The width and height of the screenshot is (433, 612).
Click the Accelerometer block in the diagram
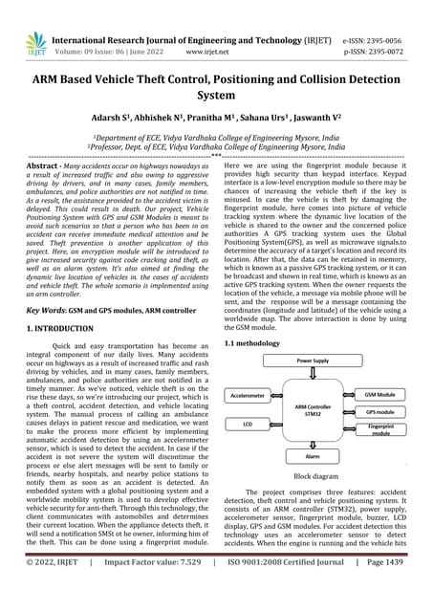[249, 394]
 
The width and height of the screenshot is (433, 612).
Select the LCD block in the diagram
[249, 422]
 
